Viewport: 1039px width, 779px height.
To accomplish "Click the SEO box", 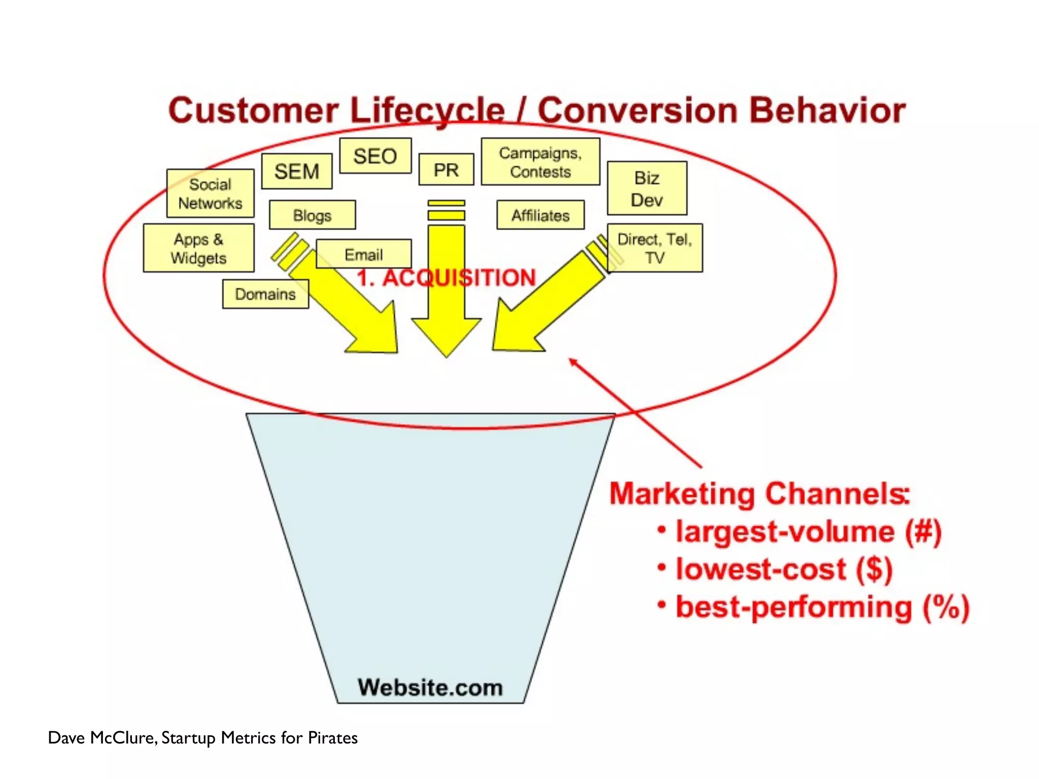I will [375, 156].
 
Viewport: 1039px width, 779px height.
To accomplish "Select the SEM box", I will [297, 171].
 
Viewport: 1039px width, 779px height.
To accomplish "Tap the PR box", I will [446, 169].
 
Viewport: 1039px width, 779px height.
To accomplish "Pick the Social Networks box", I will [210, 193].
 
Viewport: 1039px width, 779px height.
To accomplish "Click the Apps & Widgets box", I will [198, 248].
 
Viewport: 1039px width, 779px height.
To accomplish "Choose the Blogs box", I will [312, 215].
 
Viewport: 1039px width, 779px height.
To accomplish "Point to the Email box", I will [363, 254].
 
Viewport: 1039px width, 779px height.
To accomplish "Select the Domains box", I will [265, 294].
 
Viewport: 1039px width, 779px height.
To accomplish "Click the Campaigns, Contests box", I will [540, 162].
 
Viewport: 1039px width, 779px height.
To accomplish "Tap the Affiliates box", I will [540, 215].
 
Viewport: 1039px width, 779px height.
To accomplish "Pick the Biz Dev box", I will [647, 189].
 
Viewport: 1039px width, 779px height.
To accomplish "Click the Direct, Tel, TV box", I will [654, 248].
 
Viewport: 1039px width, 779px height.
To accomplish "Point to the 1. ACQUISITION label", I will [446, 278].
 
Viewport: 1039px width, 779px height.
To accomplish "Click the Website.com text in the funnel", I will [430, 688].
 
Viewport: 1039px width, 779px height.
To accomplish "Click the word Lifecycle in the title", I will [427, 111].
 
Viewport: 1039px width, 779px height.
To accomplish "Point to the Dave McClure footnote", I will [202, 737].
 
